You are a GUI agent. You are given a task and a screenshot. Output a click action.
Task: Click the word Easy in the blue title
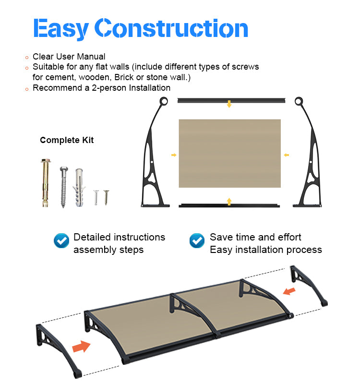61,28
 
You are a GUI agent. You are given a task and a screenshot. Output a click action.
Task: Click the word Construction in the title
171,28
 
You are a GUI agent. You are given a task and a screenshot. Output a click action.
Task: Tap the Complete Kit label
67,140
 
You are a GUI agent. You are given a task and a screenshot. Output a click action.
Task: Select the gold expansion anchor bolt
46,183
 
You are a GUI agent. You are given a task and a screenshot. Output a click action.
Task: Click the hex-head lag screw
64,187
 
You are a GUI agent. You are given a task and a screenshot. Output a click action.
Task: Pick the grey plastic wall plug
79,188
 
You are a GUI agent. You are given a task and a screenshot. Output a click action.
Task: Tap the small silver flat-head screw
96,197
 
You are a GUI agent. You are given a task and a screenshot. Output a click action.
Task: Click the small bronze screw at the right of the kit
106,197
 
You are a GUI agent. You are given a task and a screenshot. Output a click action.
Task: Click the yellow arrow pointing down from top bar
229,104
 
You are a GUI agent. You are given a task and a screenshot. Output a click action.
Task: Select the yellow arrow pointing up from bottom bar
229,202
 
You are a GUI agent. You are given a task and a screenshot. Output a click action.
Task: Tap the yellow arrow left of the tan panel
174,155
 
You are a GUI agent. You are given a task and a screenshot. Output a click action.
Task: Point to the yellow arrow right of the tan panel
286,155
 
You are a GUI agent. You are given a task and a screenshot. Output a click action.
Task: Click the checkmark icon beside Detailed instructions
61,241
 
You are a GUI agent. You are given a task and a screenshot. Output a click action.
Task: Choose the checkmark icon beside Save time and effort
197,241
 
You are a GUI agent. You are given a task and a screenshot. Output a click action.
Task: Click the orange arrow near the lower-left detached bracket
81,346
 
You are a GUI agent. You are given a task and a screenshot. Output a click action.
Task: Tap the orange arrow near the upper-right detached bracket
289,291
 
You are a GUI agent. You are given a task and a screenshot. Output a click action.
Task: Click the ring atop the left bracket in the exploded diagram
164,101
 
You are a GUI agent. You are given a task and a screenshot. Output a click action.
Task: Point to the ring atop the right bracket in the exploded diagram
299,101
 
